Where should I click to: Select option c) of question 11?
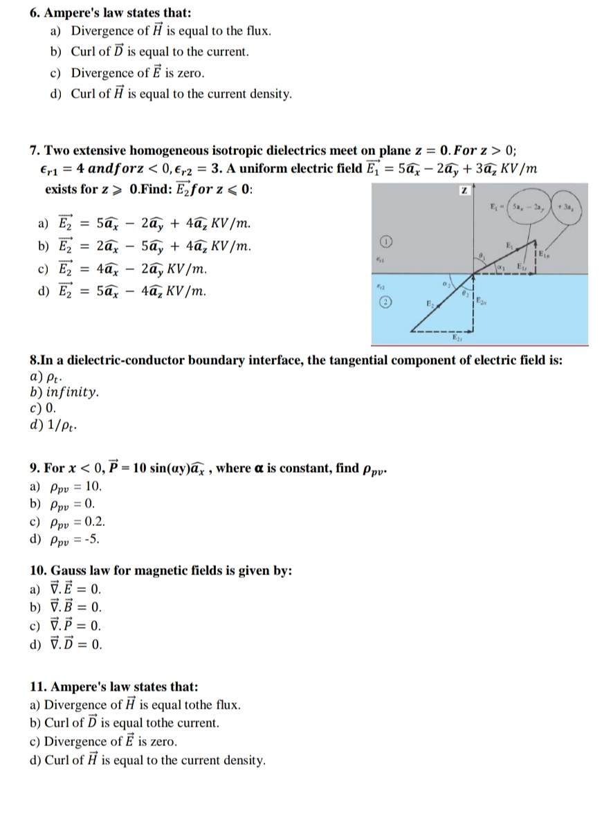click(110, 741)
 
